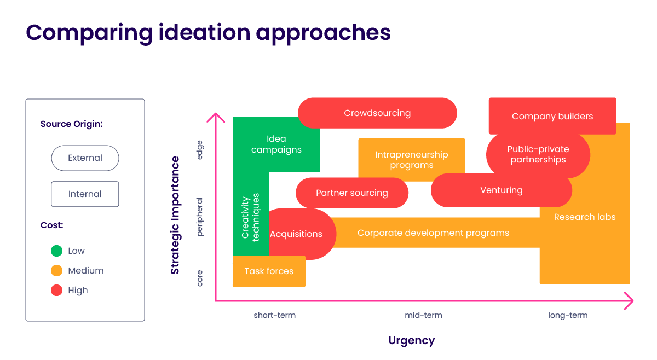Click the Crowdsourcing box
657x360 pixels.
click(377, 113)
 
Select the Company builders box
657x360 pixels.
click(552, 116)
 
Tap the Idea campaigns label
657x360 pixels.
click(276, 144)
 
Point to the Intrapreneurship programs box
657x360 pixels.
click(411, 160)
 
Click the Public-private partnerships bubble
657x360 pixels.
click(538, 154)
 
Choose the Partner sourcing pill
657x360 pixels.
click(352, 193)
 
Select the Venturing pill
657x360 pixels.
click(501, 190)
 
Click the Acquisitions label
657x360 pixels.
click(296, 234)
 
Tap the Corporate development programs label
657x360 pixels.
click(433, 233)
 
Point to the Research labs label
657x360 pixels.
click(585, 217)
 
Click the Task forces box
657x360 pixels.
click(269, 271)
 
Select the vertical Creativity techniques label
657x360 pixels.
click(251, 218)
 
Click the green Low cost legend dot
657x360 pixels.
click(56, 251)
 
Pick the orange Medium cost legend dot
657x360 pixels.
click(56, 271)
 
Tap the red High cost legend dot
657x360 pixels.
click(56, 291)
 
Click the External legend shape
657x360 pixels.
click(85, 158)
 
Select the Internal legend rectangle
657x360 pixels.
click(85, 194)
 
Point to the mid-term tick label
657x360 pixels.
click(423, 316)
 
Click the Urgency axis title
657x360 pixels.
click(411, 341)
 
